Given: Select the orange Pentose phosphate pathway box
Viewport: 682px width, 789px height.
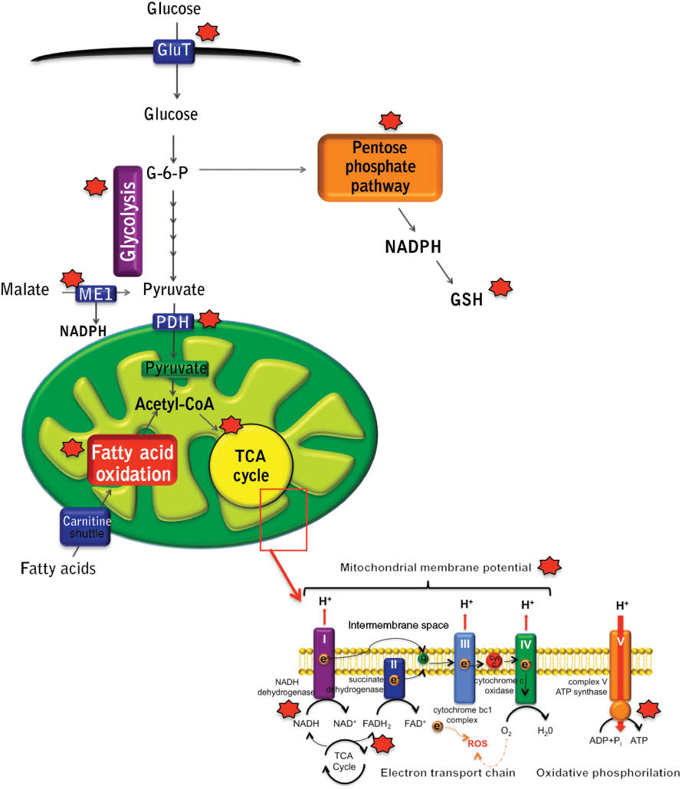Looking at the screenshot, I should (x=380, y=167).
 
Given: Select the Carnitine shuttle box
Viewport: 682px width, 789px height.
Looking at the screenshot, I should (x=86, y=527).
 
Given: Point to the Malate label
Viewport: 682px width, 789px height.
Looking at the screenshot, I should (x=28, y=290).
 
